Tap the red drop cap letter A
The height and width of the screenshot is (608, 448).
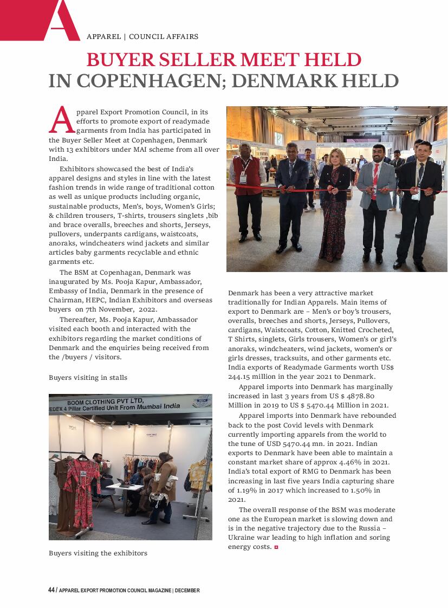point(61,120)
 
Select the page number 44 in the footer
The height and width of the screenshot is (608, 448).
point(51,590)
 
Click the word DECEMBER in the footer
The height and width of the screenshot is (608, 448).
point(187,590)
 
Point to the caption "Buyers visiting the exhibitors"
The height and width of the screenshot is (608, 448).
point(98,553)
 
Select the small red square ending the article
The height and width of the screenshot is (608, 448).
point(276,547)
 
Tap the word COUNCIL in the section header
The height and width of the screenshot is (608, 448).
point(146,37)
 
